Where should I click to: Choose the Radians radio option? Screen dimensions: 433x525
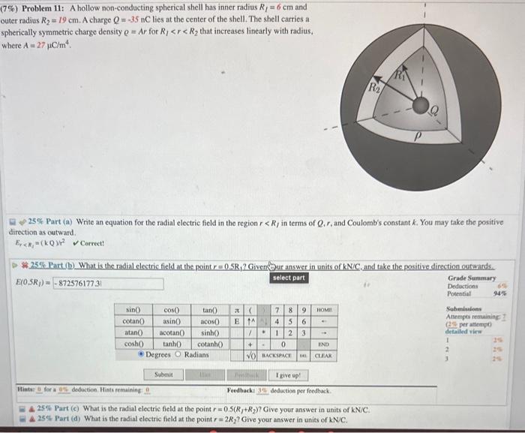(x=182, y=354)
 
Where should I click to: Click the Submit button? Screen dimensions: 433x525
(x=164, y=374)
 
